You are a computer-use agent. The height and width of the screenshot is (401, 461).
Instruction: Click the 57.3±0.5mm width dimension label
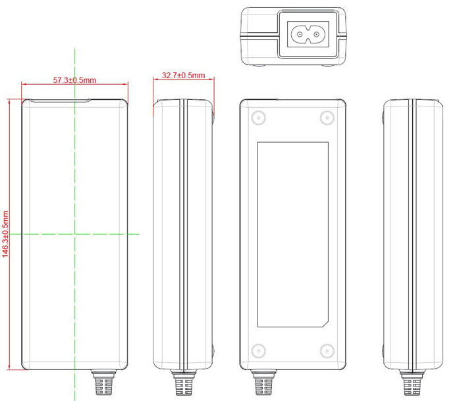74,80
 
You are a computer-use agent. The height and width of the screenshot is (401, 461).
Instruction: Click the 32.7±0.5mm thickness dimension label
183,76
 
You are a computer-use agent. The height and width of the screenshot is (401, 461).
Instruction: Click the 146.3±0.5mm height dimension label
6,233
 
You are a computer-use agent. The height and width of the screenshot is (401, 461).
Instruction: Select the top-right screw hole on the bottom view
325,118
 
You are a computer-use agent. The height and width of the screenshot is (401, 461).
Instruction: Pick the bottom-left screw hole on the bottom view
258,350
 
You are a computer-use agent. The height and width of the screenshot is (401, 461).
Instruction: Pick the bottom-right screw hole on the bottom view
325,350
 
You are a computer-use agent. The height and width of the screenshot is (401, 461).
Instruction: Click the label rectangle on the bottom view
292,234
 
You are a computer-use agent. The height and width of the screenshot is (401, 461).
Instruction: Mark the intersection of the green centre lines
75,233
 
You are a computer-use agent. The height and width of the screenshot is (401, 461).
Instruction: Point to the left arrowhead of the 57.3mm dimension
24,84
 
